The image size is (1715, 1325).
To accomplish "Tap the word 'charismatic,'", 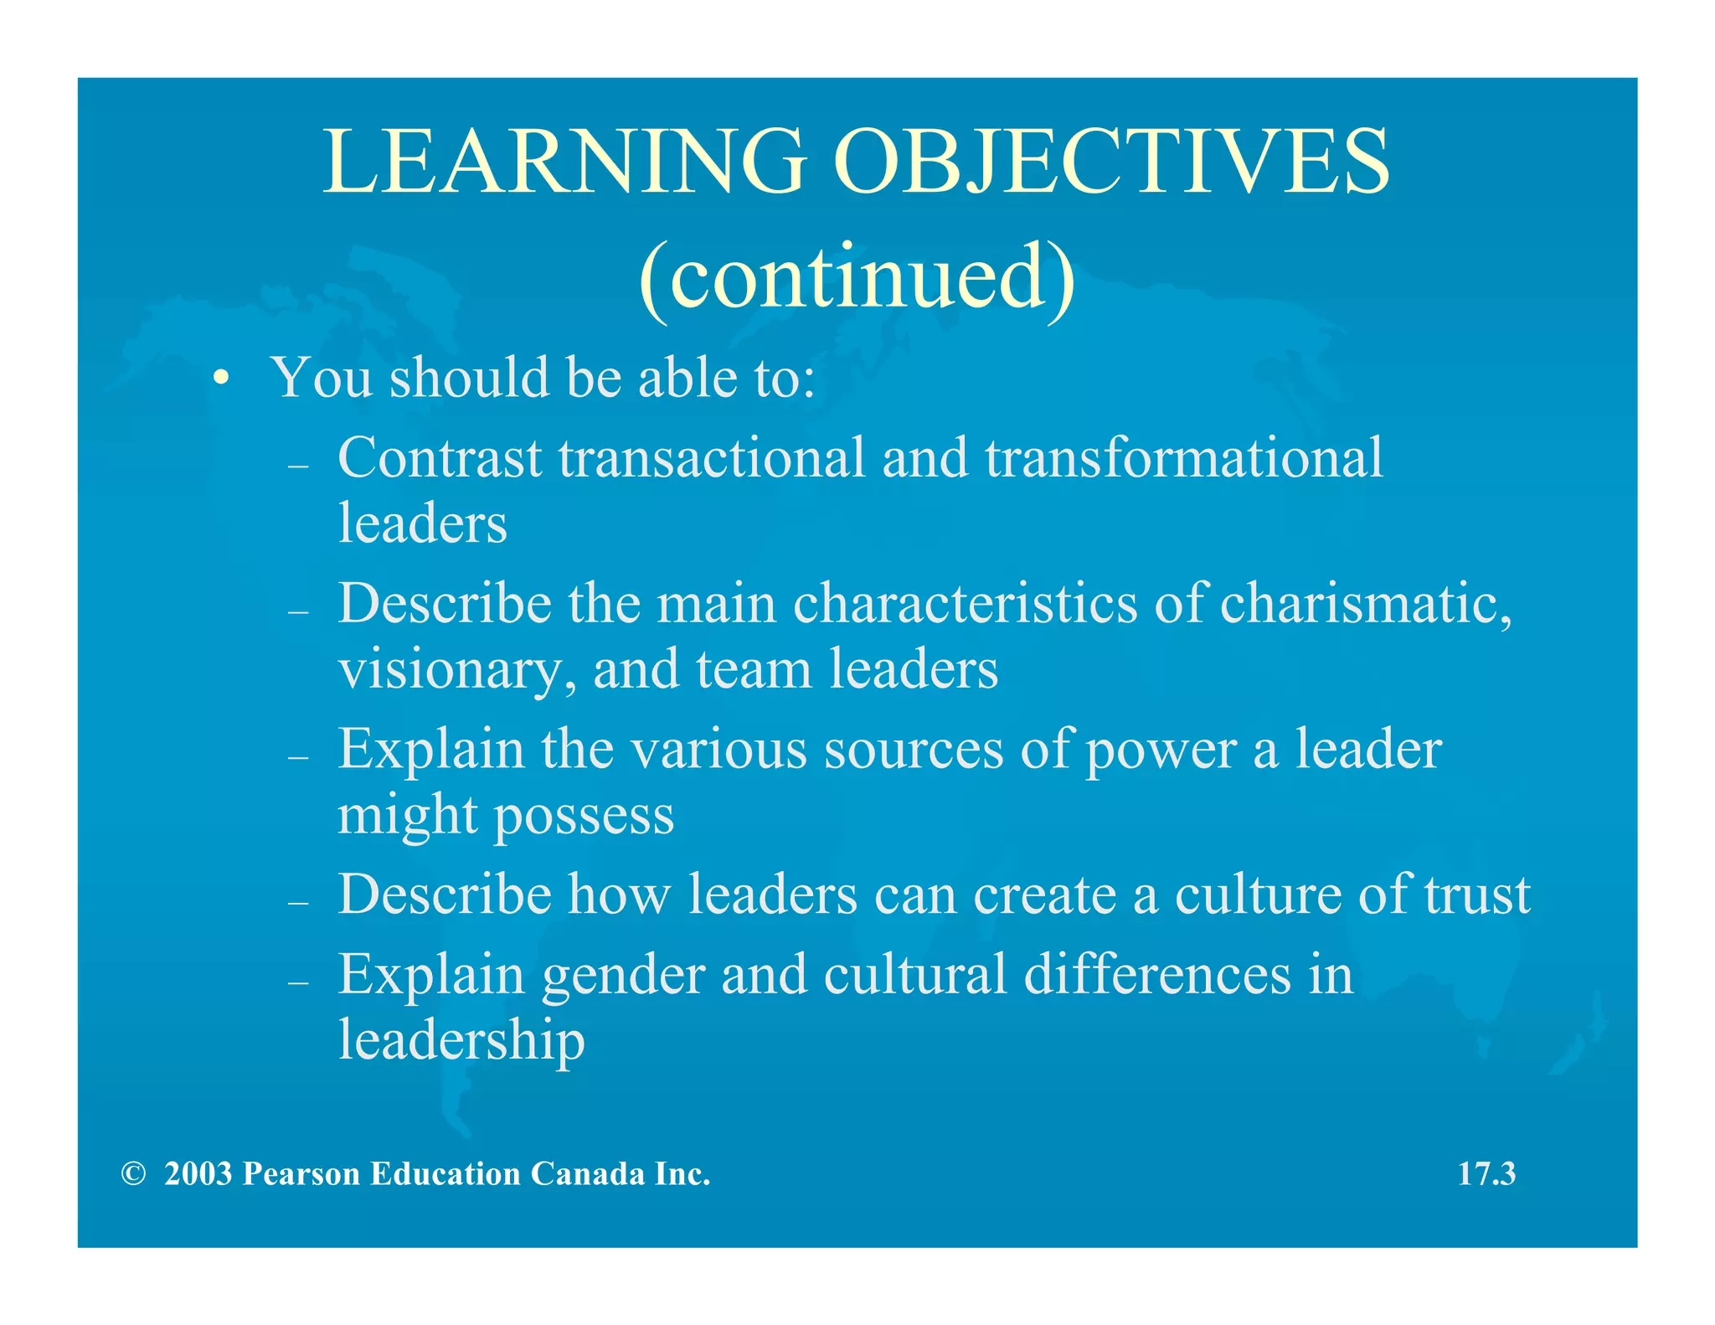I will [x=1367, y=604].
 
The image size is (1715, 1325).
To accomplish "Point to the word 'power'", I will [x=1161, y=750].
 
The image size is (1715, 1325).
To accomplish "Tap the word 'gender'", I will [x=623, y=976].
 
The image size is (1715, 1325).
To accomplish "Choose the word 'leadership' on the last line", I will [x=461, y=1041].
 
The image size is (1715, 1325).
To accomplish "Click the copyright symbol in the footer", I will [x=133, y=1174].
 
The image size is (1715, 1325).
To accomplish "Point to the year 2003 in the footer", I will [x=198, y=1174].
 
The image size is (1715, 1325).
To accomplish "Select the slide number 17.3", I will [x=1486, y=1174].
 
